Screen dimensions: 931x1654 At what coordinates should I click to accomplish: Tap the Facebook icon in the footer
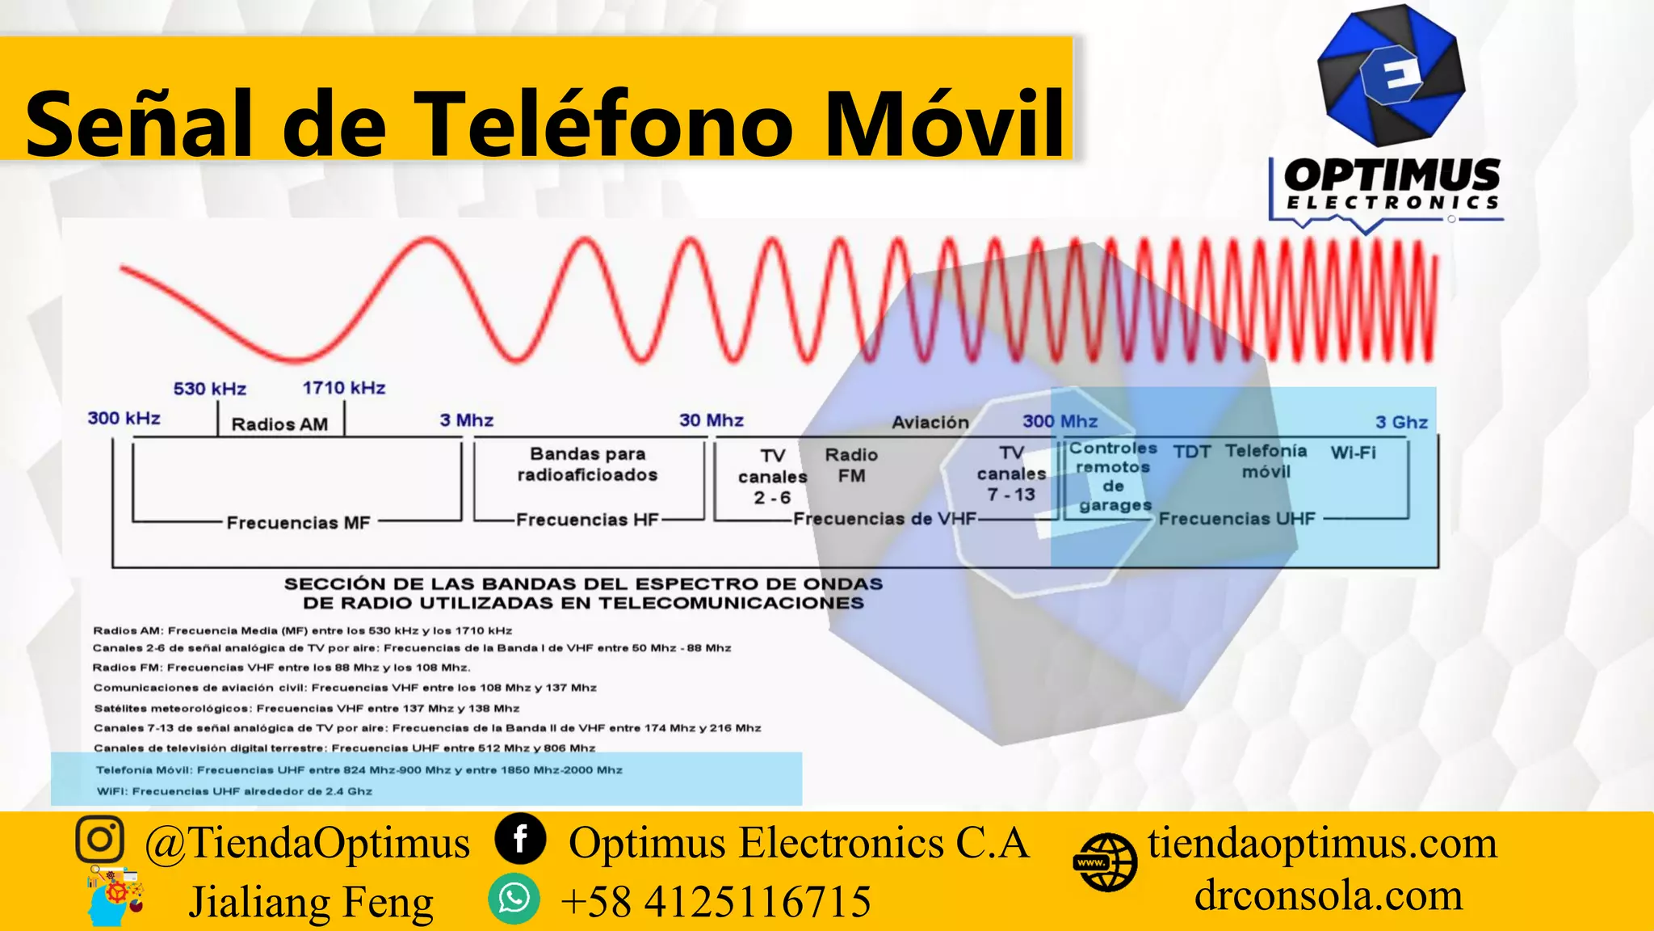click(x=520, y=839)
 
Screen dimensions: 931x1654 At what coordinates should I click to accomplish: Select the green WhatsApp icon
click(x=514, y=899)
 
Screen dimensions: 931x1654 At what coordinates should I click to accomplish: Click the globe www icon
click(x=1106, y=862)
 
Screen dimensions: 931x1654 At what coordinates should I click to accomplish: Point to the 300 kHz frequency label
click(x=124, y=418)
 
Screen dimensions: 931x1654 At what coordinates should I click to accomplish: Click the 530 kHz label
click(x=209, y=389)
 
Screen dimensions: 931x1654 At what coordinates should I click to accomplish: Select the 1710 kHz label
click(x=343, y=388)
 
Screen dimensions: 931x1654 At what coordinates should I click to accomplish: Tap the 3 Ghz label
click(x=1401, y=422)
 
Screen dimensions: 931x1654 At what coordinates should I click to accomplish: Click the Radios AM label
click(x=279, y=424)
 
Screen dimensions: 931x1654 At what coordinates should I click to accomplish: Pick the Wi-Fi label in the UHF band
click(x=1353, y=453)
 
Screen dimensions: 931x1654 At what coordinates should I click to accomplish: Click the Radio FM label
click(x=851, y=465)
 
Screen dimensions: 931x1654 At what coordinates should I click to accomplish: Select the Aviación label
click(x=930, y=422)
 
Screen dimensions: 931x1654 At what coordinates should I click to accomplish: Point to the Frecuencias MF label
click(x=298, y=523)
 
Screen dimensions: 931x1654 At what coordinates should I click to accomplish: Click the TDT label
click(x=1191, y=453)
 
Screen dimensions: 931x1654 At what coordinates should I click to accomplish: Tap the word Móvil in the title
click(x=944, y=124)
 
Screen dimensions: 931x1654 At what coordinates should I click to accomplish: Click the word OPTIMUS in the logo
click(x=1392, y=175)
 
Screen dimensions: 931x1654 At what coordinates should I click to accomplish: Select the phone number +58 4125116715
click(x=716, y=902)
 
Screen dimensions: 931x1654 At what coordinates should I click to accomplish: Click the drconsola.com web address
click(x=1328, y=895)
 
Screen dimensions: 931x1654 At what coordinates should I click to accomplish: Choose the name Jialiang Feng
click(x=311, y=902)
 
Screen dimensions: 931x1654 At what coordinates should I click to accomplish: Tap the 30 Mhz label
click(x=711, y=420)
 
